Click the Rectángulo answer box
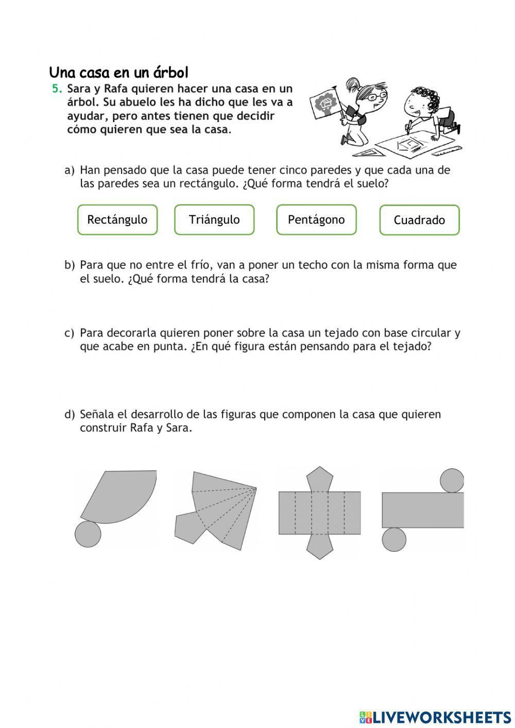click(x=117, y=220)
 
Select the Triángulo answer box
click(x=214, y=220)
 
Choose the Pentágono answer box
click(x=316, y=220)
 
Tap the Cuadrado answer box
click(x=419, y=221)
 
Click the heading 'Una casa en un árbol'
click(x=119, y=72)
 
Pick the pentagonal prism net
click(x=319, y=513)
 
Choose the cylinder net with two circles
click(x=422, y=510)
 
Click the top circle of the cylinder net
click(x=452, y=480)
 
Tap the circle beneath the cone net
click(x=88, y=534)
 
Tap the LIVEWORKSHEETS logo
click(x=435, y=717)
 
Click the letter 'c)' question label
click(x=70, y=333)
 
